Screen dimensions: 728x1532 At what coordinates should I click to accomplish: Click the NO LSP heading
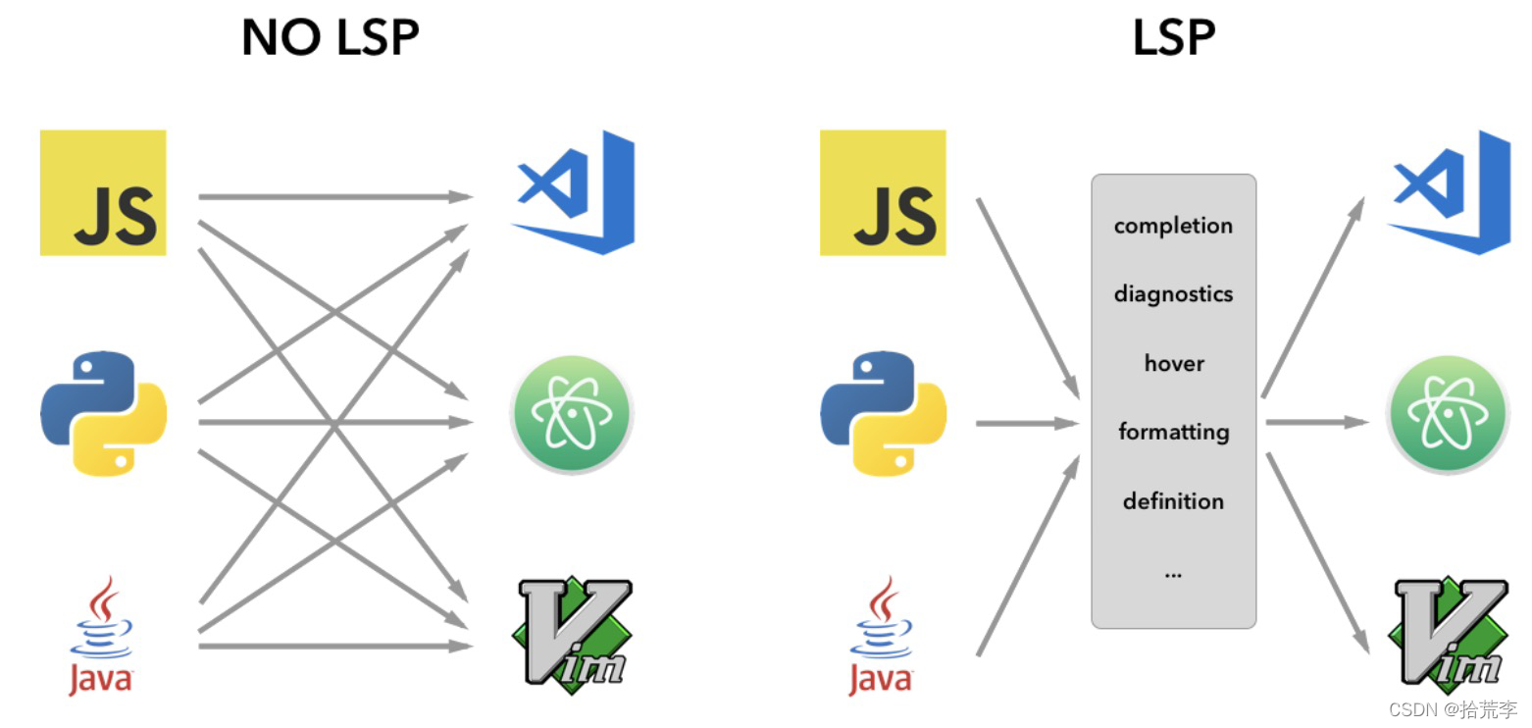(x=330, y=38)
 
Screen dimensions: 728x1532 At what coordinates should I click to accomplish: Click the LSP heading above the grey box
(x=1173, y=38)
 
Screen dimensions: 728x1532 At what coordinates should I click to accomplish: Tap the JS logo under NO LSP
(x=103, y=192)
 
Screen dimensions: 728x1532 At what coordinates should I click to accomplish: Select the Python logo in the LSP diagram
(x=883, y=413)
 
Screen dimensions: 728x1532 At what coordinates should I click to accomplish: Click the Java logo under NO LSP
(x=101, y=636)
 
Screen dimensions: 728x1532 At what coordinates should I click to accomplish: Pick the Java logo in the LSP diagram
(x=881, y=636)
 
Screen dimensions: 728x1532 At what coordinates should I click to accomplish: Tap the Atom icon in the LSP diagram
(x=1447, y=414)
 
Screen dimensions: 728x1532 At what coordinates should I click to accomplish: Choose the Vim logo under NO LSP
(x=572, y=631)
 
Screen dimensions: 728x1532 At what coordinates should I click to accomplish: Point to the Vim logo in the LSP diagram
(x=1448, y=631)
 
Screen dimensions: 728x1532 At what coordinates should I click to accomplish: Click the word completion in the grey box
(x=1173, y=226)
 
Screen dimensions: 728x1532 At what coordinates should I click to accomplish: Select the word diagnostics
(x=1173, y=294)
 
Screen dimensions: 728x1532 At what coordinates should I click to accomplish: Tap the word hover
(x=1173, y=363)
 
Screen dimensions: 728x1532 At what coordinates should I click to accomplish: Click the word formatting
(x=1173, y=432)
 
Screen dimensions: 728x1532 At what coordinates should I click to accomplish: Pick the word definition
(x=1173, y=501)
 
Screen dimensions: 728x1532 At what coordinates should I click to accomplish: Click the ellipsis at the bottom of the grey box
(x=1173, y=573)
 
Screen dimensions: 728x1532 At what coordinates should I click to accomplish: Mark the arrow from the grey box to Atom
(x=1314, y=422)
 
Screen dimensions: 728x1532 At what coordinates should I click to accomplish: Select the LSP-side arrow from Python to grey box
(x=1026, y=423)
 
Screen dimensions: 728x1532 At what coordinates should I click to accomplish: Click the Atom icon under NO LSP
(x=572, y=414)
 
